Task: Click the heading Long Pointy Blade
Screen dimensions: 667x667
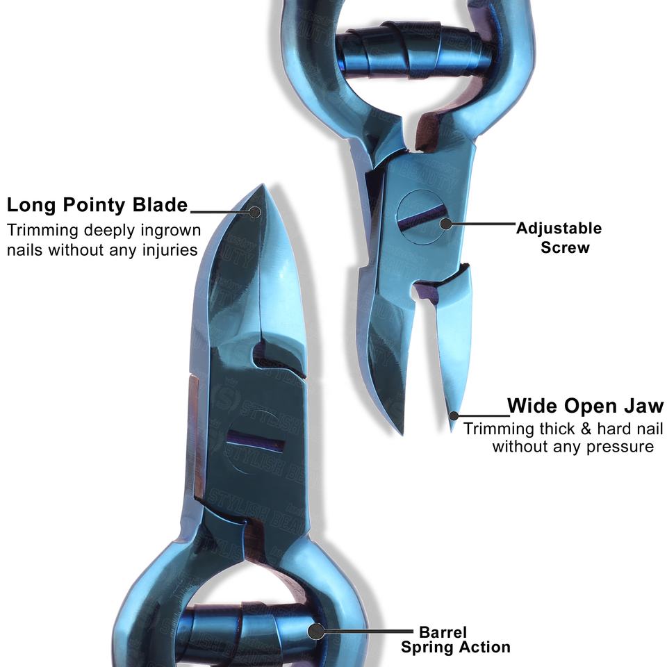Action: point(97,205)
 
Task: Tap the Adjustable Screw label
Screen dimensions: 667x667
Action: point(559,238)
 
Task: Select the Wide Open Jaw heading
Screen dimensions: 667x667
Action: point(585,406)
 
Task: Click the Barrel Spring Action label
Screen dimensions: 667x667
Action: point(455,640)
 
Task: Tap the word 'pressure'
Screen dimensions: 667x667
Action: point(620,446)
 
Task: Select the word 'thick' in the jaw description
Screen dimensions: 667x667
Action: point(559,428)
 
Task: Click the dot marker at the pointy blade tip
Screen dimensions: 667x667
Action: point(255,212)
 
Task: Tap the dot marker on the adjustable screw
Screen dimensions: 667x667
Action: point(446,224)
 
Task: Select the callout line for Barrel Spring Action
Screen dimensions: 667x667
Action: point(368,632)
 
